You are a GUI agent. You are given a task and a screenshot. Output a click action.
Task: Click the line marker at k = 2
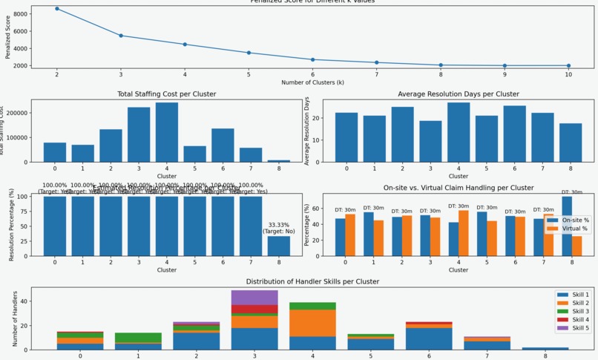57,9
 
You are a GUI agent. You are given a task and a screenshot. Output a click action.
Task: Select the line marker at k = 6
312,59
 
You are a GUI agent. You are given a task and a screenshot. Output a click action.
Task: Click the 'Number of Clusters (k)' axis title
312,82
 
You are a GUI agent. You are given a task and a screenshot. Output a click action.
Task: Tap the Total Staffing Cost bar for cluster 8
280,160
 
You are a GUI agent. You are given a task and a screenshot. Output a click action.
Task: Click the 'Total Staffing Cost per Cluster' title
167,94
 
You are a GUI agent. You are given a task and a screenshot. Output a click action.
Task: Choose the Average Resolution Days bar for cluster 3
430,141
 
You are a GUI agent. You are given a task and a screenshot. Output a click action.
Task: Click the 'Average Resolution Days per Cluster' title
459,94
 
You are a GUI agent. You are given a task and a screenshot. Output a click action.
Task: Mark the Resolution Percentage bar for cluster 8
280,246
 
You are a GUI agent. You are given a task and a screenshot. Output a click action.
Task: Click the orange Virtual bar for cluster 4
464,233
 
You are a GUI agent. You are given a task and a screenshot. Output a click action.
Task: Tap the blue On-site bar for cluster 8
567,226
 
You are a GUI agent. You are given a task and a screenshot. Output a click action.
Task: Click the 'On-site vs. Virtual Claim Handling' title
459,189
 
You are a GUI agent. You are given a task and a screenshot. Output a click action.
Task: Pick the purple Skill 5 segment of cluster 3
254,297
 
